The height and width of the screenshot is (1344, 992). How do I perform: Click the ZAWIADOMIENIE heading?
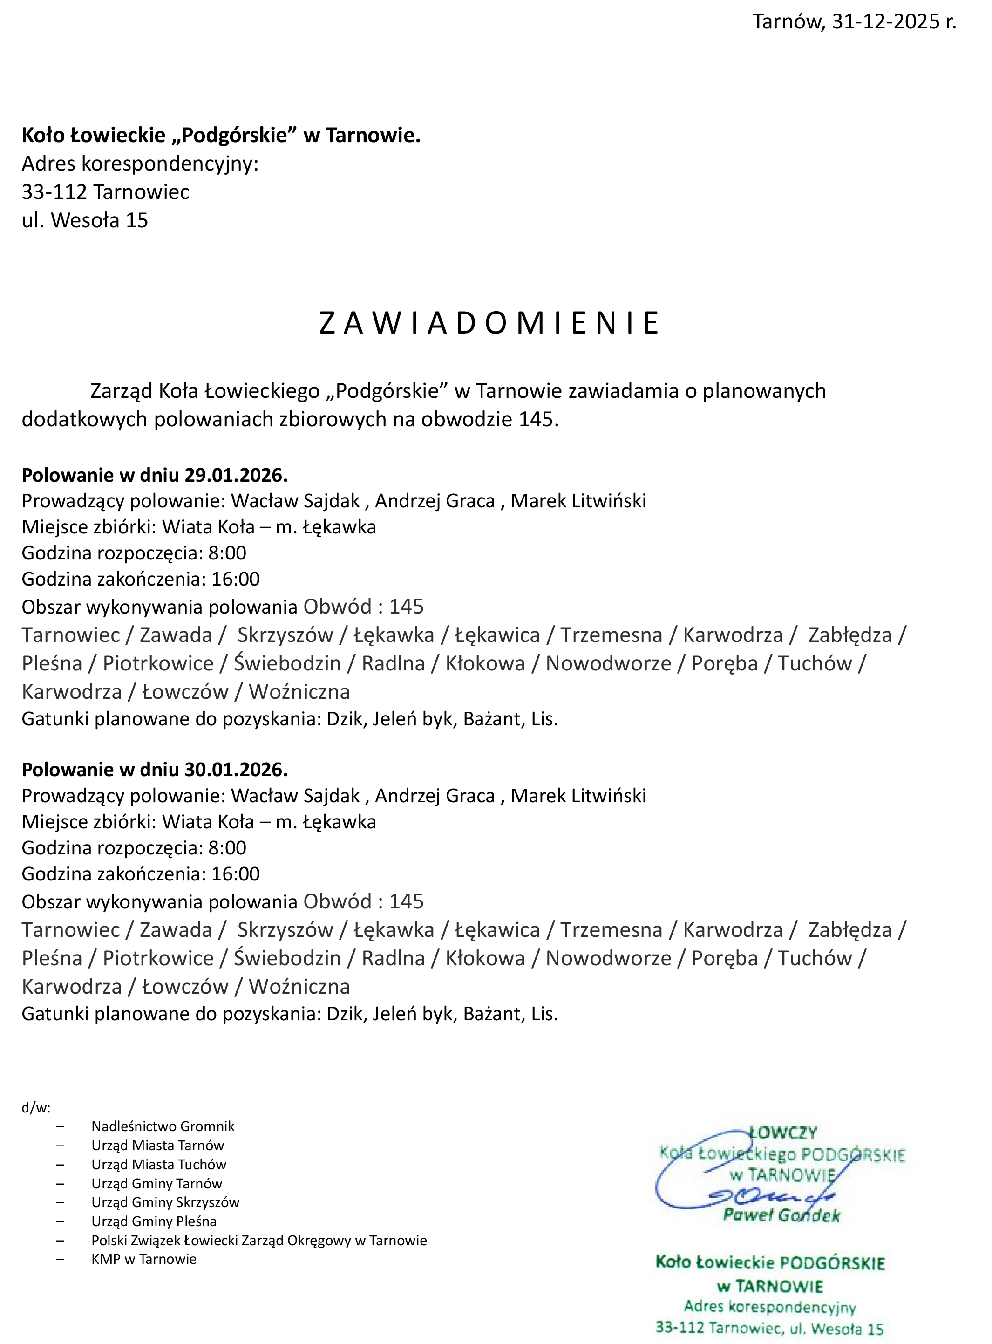(489, 323)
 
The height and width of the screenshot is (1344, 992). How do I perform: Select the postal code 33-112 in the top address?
(54, 192)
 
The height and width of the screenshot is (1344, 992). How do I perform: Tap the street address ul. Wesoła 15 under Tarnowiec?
(85, 220)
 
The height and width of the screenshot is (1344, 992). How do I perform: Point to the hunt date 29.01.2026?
(235, 475)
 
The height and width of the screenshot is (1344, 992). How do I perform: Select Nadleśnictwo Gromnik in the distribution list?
(163, 1126)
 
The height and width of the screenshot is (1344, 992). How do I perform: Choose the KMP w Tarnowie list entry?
(143, 1259)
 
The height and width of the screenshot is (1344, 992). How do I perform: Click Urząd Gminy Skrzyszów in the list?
(165, 1202)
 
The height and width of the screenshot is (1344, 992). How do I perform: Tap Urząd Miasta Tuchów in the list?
(158, 1165)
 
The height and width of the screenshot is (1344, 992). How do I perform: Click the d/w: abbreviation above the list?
(36, 1108)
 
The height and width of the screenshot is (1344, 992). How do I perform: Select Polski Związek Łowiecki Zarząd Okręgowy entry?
(259, 1241)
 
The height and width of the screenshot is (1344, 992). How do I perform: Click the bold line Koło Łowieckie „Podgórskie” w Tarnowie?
(221, 136)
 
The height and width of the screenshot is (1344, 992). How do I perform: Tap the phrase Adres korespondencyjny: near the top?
(140, 164)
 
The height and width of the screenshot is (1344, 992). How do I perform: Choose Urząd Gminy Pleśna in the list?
(154, 1221)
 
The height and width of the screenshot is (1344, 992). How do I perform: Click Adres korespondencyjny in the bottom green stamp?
(770, 1307)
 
